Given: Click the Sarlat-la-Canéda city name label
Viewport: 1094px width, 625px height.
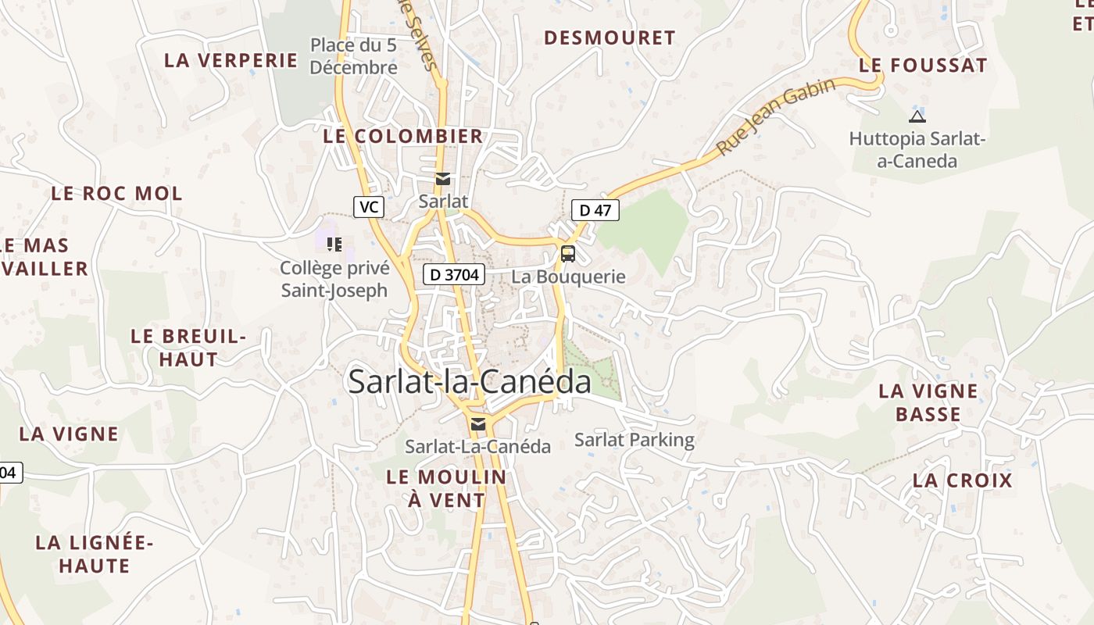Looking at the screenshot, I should coord(470,381).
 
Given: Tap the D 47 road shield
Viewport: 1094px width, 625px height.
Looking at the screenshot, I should coord(595,210).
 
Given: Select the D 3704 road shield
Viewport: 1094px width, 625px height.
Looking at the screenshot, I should coord(454,274).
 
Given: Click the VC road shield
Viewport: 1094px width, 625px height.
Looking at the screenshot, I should coord(369,207).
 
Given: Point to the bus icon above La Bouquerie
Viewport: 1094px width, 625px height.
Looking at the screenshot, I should coord(568,253).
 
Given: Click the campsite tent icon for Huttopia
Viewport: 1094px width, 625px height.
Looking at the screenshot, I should coord(917,117).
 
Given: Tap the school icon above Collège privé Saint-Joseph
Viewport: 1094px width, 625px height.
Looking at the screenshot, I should coord(334,245).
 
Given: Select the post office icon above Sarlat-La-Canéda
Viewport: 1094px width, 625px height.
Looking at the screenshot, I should coord(478,424).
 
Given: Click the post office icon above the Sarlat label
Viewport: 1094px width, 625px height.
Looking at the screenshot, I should coord(443,179).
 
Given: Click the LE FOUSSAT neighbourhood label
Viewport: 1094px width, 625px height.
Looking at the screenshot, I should coord(923,66).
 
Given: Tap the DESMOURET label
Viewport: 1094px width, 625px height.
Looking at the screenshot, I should coord(610,37).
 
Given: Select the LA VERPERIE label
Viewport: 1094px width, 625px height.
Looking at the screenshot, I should coord(231,60).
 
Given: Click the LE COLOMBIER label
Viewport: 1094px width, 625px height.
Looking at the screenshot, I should coord(403,136).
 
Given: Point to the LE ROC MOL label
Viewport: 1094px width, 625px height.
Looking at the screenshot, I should coord(116,193).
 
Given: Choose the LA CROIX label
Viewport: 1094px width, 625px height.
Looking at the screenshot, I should coord(963,480).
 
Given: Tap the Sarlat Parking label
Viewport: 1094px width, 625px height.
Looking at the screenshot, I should coord(635,439).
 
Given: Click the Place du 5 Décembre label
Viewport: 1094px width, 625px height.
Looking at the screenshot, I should coord(354,56).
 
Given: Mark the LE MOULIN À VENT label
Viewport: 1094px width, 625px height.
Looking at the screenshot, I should coord(446,488).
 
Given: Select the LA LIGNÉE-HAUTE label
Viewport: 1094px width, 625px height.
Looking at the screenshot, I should coord(95,553).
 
